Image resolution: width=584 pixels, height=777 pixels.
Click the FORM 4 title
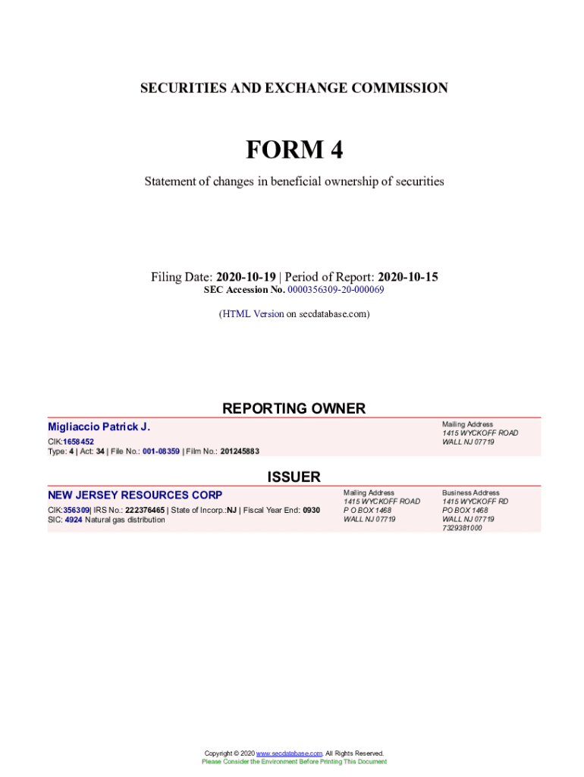point(294,150)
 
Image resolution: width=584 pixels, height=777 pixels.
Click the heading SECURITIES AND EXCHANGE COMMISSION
point(294,88)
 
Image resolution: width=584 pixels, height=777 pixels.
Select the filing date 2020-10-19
point(246,277)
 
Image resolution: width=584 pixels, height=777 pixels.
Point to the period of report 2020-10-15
point(407,277)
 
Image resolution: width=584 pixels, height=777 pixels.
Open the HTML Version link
point(253,313)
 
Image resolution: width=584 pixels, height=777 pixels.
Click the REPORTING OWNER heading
point(294,408)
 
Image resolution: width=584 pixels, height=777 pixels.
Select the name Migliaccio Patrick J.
point(99,427)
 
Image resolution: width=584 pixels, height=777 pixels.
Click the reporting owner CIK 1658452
point(78,442)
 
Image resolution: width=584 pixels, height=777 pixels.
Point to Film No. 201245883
point(240,451)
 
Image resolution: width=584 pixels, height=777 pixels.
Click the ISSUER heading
point(294,477)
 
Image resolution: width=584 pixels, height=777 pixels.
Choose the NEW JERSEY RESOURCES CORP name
point(135,495)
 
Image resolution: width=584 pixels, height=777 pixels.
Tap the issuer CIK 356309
point(76,510)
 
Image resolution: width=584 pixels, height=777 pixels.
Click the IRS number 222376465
point(145,510)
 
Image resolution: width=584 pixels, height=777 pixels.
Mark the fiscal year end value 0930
point(311,510)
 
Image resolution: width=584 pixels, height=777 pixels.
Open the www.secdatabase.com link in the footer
point(289,753)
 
